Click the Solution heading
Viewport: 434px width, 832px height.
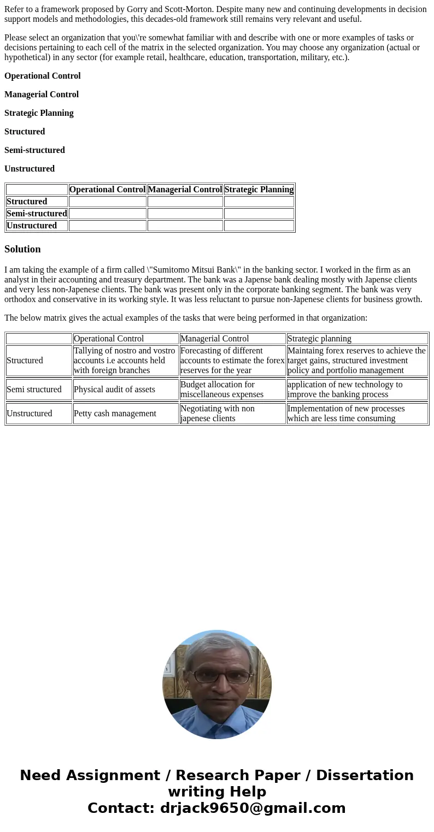pyautogui.click(x=22, y=249)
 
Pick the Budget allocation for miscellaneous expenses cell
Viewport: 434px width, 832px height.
pyautogui.click(x=221, y=390)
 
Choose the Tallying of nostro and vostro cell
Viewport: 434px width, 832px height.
pyautogui.click(x=125, y=361)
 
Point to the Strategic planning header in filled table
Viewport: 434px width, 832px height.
pyautogui.click(x=319, y=339)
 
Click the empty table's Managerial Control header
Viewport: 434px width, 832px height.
pyautogui.click(x=185, y=190)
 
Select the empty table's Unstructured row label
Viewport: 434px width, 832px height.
pyautogui.click(x=32, y=226)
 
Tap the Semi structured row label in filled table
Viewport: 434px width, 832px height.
pyautogui.click(x=34, y=390)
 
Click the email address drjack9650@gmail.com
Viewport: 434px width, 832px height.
pyautogui.click(x=253, y=808)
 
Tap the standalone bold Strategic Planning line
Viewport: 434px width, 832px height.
pyautogui.click(x=39, y=113)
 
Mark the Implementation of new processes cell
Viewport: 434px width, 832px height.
pyautogui.click(x=345, y=414)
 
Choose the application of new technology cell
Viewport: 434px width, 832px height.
pyautogui.click(x=344, y=390)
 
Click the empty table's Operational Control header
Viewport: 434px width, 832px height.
pyautogui.click(x=107, y=190)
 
